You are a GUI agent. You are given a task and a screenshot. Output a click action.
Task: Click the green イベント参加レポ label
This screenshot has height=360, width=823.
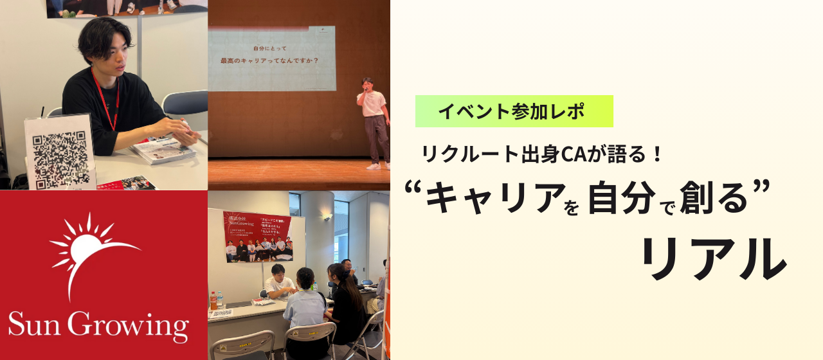(514, 111)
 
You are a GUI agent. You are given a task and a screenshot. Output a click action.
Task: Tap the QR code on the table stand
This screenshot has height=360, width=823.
(59, 155)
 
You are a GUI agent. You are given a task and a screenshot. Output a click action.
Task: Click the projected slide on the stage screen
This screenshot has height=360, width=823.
(271, 58)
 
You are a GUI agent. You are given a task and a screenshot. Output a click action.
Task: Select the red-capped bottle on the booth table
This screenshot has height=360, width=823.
(213, 301)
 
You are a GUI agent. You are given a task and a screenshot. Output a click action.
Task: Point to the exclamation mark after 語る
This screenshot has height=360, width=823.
(656, 154)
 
